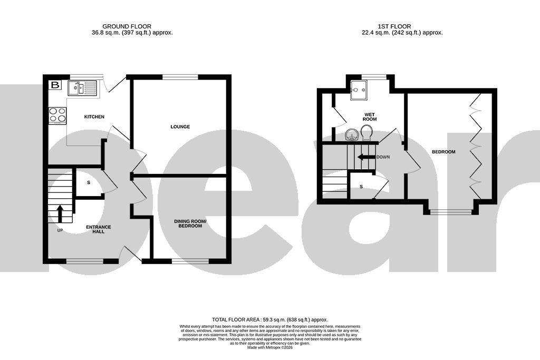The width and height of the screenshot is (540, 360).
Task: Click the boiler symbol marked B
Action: point(55,85)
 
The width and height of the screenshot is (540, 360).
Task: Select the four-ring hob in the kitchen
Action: point(57,115)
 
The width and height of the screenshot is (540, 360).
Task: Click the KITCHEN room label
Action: point(94,116)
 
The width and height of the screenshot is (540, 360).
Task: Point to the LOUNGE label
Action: point(180,127)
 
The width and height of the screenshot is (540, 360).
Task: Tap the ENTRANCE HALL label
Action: point(99,229)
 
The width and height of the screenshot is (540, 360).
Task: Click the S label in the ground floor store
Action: point(88,182)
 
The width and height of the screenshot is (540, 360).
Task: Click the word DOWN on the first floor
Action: point(383,157)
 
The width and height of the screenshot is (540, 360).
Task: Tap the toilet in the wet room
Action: point(367,134)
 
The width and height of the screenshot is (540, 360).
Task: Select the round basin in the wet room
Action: point(352,136)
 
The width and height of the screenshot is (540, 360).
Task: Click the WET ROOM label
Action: point(369,116)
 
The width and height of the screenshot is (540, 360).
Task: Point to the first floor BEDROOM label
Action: point(443,152)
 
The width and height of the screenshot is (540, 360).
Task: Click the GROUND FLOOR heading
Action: point(127,26)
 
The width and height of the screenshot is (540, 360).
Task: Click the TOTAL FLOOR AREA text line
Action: point(269,319)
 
